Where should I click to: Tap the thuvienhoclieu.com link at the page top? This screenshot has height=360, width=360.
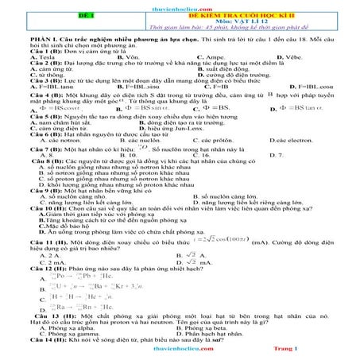180,4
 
